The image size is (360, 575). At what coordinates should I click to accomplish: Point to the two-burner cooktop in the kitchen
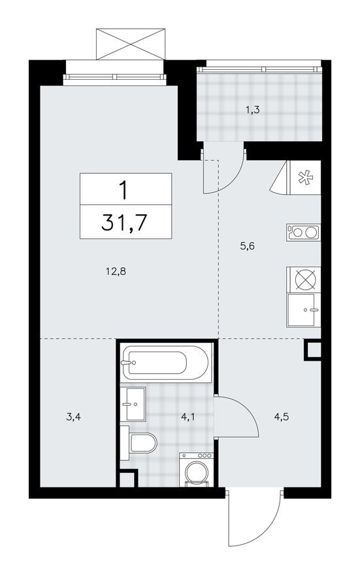tap(304, 231)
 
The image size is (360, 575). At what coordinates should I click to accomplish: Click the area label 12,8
tap(114, 270)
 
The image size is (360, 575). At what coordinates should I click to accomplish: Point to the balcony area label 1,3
tap(252, 110)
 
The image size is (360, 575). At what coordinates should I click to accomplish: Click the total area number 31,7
tap(124, 223)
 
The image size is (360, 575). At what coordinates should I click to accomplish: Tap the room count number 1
tap(124, 189)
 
